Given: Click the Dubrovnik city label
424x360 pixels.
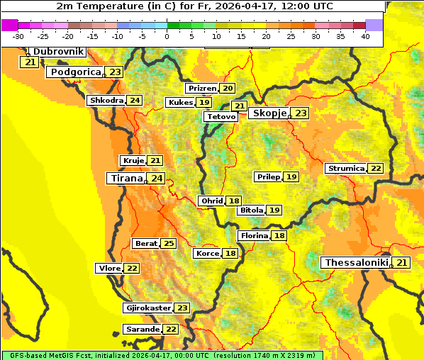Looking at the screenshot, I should [57, 52].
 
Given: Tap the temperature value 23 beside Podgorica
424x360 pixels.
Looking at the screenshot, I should [115, 72].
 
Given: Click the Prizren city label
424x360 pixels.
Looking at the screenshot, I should [202, 89].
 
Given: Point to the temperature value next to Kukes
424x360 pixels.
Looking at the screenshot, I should [204, 103].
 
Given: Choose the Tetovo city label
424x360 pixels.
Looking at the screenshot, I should [221, 116].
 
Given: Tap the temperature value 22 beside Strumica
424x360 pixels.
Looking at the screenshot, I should [375, 169].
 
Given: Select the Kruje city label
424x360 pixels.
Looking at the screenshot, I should [133, 161].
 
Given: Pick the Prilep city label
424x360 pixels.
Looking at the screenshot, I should [268, 176].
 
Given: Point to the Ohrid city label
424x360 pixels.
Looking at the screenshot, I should [212, 201].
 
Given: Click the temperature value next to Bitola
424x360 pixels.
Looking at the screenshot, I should [274, 210].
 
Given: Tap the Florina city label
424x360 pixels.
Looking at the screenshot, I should [254, 236].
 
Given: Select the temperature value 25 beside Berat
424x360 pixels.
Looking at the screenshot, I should [168, 244].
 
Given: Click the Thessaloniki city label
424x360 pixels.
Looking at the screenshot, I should [356, 263].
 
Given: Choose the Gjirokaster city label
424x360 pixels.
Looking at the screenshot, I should [147, 308].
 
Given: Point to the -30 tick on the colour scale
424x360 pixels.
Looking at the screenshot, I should [18, 36].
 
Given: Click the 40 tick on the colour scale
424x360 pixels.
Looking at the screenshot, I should [365, 36].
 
